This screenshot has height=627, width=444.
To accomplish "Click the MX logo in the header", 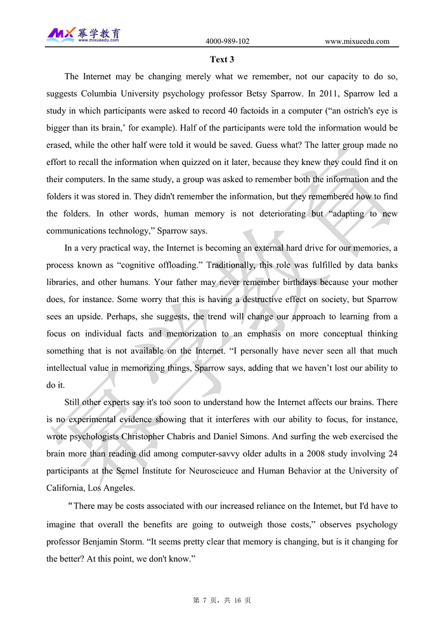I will coord(62,33).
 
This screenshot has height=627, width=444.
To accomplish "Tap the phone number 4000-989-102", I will coord(227,42).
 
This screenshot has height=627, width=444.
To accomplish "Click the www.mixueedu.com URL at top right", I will coord(357,42).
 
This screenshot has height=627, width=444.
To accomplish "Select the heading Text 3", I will coord(222,60).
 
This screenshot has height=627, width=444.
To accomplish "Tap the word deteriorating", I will coord(284,214).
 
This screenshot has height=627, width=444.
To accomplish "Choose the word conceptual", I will coord(343,334).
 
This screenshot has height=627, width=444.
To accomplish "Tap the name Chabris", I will coord(195,437).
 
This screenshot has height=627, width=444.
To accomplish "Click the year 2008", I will coord(301,454).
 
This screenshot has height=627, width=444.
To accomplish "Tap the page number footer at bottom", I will coord(222,600).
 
